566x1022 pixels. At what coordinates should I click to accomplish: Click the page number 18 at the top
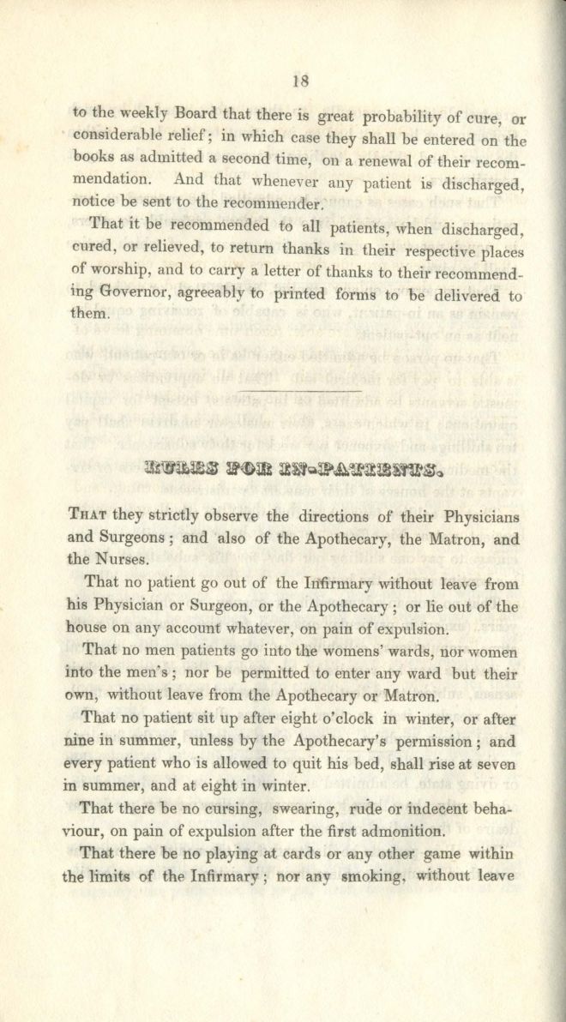click(x=300, y=81)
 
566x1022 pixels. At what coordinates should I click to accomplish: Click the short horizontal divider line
click(x=299, y=392)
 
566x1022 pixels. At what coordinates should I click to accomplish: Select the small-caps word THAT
click(x=87, y=517)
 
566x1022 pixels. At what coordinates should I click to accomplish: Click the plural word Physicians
click(x=470, y=517)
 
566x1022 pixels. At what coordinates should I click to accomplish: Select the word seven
click(x=497, y=762)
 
